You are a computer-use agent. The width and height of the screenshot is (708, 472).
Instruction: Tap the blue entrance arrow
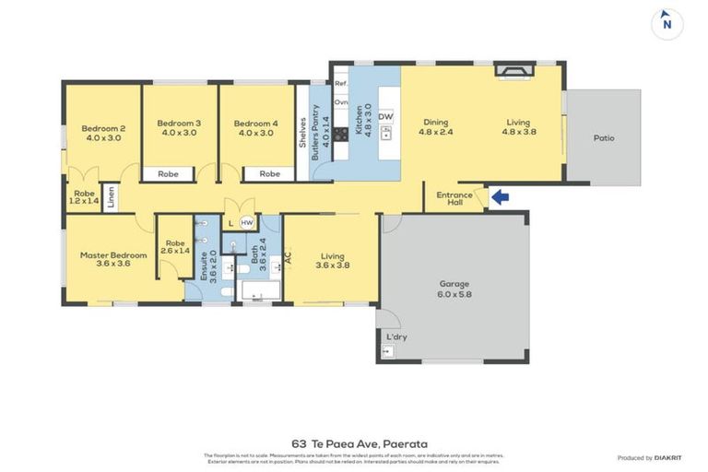click(499, 195)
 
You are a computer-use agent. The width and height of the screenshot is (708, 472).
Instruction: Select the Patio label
click(604, 138)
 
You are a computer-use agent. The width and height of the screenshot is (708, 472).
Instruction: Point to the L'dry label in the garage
click(396, 337)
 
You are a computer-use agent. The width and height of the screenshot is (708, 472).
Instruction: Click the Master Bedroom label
click(113, 261)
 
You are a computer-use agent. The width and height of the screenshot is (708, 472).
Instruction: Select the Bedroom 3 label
click(179, 128)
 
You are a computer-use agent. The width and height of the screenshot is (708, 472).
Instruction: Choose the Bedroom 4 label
click(255, 128)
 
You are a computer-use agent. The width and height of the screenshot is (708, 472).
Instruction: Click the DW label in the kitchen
click(385, 117)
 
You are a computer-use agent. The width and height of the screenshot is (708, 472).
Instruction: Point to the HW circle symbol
click(246, 223)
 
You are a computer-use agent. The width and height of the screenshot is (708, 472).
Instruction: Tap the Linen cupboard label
click(112, 197)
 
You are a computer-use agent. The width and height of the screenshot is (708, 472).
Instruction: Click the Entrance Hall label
click(454, 199)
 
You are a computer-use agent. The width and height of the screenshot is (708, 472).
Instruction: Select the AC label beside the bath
click(288, 259)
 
